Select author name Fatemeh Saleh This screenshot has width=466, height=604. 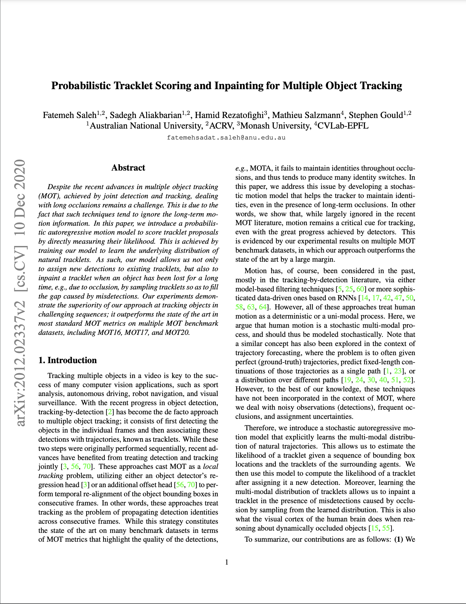click(x=69, y=115)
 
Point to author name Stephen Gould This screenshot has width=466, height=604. click(x=375, y=115)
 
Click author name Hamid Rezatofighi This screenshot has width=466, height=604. click(x=229, y=115)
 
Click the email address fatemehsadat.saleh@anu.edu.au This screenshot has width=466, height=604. click(x=226, y=137)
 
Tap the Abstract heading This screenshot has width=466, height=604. click(x=128, y=168)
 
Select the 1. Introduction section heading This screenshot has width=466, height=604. click(x=68, y=360)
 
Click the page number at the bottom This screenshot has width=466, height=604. click(x=227, y=562)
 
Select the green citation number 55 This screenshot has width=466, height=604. click(x=386, y=528)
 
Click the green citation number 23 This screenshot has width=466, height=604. click(x=397, y=371)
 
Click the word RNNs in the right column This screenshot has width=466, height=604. click(x=347, y=298)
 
